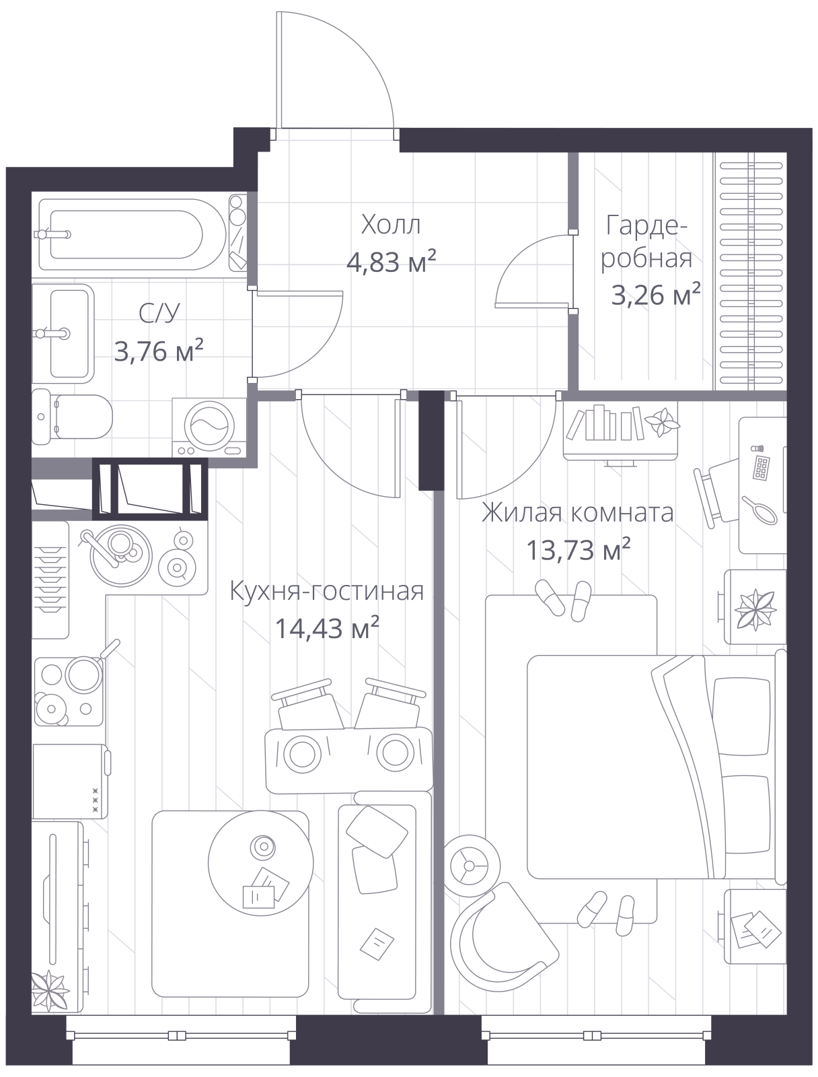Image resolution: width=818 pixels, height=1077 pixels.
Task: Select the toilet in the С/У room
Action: tap(72, 417)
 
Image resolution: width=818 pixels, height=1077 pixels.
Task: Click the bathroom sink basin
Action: tap(69, 333)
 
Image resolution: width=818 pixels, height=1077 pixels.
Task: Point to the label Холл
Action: tap(391, 225)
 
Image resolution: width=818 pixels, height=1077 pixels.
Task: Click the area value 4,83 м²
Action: tap(391, 262)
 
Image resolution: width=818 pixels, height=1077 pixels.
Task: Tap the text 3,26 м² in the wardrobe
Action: tap(656, 294)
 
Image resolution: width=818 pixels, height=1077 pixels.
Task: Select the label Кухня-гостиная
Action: tap(326, 591)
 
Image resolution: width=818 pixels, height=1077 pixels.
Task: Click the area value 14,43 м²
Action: tap(327, 627)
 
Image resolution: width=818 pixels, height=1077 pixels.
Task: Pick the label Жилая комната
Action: tap(577, 513)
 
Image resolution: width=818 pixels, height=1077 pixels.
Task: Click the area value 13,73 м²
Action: tap(578, 549)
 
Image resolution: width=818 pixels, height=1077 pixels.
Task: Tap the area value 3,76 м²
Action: tap(158, 350)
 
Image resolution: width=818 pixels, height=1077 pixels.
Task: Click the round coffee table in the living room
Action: tap(260, 863)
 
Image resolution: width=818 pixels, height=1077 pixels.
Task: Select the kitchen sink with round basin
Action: tap(121, 555)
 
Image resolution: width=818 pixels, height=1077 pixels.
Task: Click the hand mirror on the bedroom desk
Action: tap(760, 511)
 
